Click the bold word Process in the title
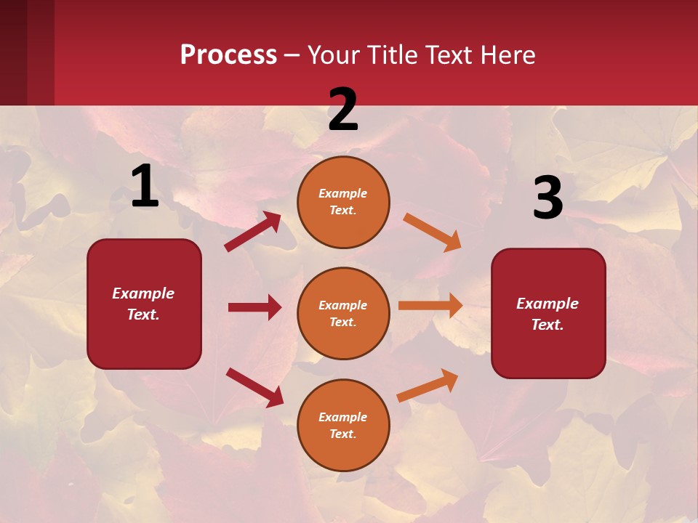(228, 55)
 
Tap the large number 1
(145, 186)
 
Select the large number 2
(343, 110)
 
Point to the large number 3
(547, 198)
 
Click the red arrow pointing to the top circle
(252, 232)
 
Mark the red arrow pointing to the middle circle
(254, 307)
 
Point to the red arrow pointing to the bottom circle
(254, 387)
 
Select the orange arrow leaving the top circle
(432, 232)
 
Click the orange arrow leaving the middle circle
(430, 306)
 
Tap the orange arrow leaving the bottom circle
(428, 385)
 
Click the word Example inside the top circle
(342, 193)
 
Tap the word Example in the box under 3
(547, 304)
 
